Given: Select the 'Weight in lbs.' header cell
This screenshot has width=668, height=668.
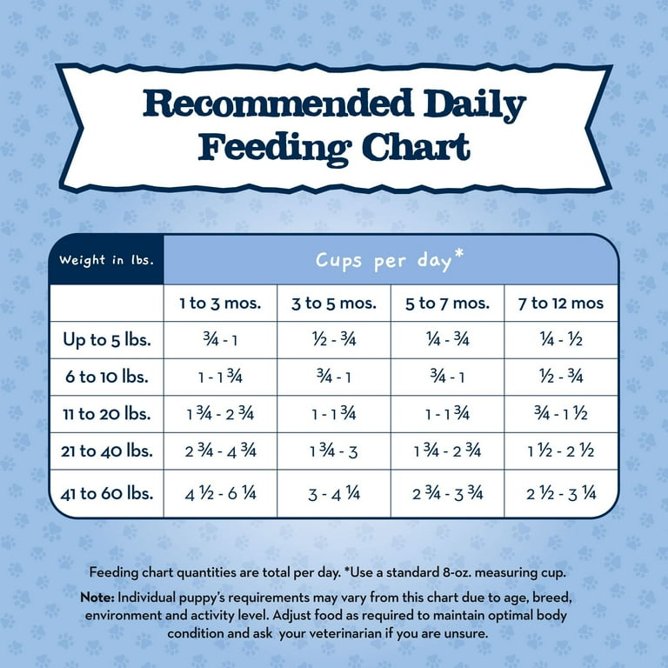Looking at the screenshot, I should [106, 259].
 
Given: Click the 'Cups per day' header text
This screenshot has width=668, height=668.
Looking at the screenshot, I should [384, 260].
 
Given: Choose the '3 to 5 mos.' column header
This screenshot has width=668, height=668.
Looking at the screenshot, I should [333, 304].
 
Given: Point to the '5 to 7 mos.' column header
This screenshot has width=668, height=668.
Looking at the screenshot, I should [447, 304].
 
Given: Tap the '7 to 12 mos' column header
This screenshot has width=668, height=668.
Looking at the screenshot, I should [561, 304].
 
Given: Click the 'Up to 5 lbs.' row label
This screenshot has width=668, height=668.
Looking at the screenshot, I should [107, 340].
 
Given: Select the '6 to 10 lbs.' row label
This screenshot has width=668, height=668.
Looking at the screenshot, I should [107, 377].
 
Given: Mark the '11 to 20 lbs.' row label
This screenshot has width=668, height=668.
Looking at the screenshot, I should [107, 414].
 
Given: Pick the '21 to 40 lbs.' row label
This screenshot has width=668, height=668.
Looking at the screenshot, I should [107, 451].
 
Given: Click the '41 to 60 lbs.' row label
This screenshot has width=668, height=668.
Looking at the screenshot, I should [107, 493].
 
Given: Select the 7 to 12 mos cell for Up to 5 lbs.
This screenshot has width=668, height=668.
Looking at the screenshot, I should [561, 341].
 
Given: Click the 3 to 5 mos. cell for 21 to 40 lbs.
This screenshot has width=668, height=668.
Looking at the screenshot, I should [333, 452].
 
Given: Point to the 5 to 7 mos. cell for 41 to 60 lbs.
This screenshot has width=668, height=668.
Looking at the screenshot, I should [447, 494].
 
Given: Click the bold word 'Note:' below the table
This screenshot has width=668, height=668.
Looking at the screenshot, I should [97, 599].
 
